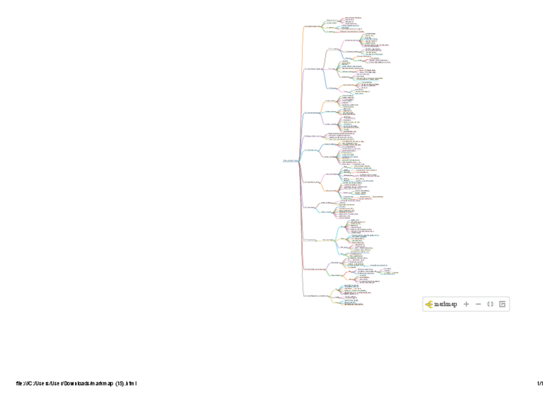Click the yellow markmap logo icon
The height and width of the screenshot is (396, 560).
(x=429, y=304)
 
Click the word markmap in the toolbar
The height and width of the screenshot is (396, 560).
(x=446, y=304)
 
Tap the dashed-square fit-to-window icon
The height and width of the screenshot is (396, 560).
(x=490, y=304)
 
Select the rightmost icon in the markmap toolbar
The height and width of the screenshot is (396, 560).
(x=502, y=304)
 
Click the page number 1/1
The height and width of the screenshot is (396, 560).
(x=540, y=383)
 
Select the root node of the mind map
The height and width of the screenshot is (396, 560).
(x=290, y=160)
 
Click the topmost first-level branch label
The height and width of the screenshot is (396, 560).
(x=313, y=26)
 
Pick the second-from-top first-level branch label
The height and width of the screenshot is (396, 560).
(x=314, y=68)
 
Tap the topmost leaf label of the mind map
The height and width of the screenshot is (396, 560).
(x=353, y=17)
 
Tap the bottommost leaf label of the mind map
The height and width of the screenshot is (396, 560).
(x=354, y=305)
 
